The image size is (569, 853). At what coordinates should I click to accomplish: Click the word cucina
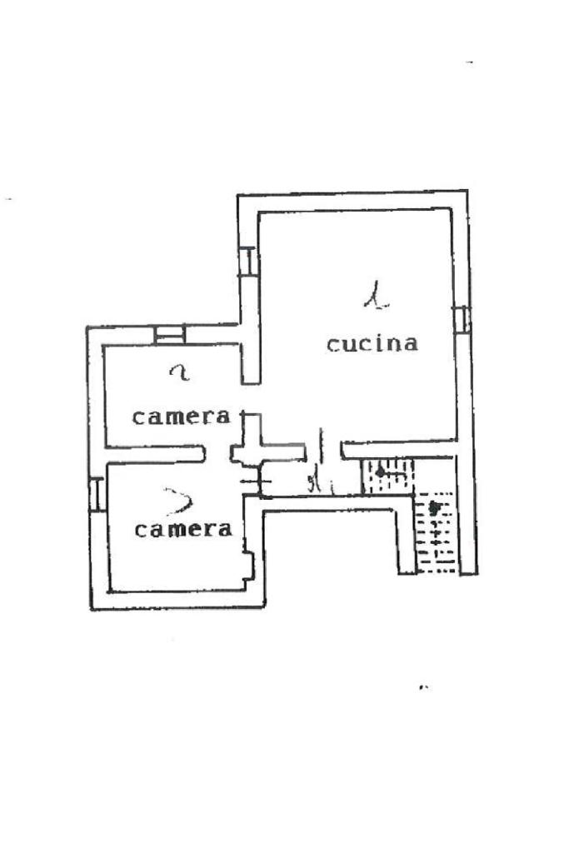click(372, 343)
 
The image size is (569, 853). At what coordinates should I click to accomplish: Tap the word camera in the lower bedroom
click(183, 528)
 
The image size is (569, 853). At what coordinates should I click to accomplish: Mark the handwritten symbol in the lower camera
click(179, 501)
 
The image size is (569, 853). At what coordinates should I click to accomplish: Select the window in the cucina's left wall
click(247, 262)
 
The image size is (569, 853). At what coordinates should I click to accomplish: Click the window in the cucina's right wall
click(462, 319)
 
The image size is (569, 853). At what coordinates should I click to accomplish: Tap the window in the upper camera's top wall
click(170, 334)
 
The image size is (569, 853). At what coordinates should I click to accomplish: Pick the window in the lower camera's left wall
click(97, 494)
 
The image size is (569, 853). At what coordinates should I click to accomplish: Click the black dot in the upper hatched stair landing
click(381, 472)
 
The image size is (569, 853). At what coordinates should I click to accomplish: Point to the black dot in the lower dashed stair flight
click(432, 506)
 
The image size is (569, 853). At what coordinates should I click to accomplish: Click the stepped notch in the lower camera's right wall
click(248, 566)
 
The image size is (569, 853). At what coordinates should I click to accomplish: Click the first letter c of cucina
click(332, 344)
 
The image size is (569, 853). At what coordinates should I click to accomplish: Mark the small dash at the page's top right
click(470, 62)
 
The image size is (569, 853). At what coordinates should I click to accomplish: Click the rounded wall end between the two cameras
click(202, 453)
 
